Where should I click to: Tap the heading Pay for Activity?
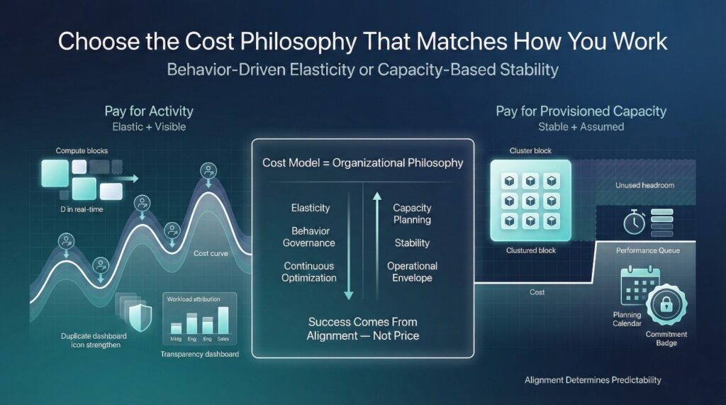(x=149, y=111)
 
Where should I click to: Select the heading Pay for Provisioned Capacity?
(x=581, y=111)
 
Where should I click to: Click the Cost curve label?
(x=211, y=253)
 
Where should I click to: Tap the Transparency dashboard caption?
(x=199, y=353)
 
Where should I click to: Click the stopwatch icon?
(x=633, y=223)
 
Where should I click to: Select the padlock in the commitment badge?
(x=666, y=306)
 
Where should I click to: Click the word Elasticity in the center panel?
(x=311, y=208)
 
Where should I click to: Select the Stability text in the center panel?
(x=412, y=243)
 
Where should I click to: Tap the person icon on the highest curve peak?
(x=208, y=170)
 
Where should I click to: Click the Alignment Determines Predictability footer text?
(x=593, y=380)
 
